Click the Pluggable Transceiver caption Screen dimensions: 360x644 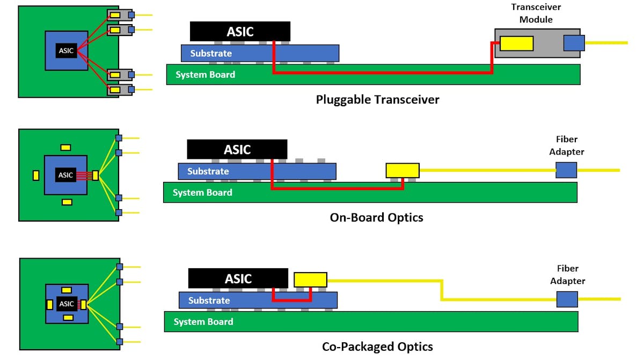click(x=377, y=100)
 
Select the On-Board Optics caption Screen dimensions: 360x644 click(x=376, y=217)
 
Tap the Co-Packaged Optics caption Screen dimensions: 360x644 click(x=377, y=347)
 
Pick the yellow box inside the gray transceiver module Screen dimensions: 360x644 click(x=516, y=43)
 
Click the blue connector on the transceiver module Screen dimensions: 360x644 click(x=574, y=43)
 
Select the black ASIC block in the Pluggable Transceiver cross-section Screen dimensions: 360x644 click(x=240, y=32)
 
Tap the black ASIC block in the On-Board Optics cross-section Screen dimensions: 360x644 click(x=237, y=150)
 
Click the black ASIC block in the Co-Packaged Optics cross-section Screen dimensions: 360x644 click(x=238, y=279)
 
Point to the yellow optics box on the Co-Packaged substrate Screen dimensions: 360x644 click(x=310, y=280)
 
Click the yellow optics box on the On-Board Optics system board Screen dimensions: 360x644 click(x=402, y=171)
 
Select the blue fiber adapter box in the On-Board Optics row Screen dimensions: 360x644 click(x=566, y=170)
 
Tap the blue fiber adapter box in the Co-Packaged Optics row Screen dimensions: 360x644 click(x=567, y=299)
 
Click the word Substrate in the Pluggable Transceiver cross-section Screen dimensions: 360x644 click(x=211, y=53)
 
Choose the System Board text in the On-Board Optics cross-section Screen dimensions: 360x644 click(x=202, y=193)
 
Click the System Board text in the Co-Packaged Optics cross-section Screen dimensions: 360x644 click(x=203, y=322)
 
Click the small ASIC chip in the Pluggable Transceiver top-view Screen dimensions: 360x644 click(x=66, y=50)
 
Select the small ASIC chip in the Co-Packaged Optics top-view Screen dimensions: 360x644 click(x=67, y=304)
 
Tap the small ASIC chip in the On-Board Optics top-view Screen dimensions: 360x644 click(x=65, y=175)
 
